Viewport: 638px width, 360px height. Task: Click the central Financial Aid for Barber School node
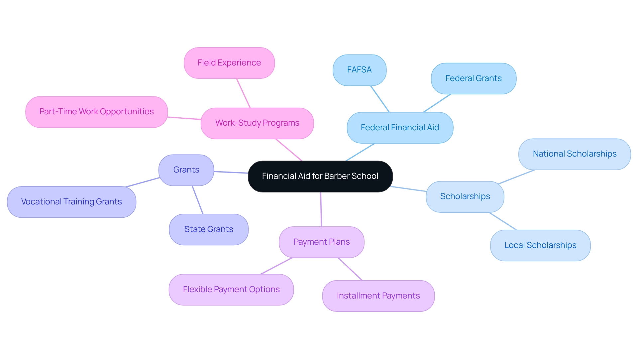[320, 176]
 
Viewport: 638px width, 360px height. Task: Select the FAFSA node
[359, 70]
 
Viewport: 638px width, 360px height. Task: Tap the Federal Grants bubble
[473, 78]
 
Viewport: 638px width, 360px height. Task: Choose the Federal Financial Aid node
[400, 128]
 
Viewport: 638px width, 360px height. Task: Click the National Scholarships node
[574, 154]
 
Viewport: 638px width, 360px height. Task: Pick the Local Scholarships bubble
[540, 245]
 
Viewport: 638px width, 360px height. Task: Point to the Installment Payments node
[378, 296]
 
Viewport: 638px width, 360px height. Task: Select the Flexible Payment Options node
[231, 290]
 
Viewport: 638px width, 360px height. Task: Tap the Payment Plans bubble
[321, 242]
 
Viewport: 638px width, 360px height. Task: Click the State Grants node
[208, 229]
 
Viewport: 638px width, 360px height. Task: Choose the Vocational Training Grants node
[71, 202]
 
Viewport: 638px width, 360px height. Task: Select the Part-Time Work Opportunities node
[96, 112]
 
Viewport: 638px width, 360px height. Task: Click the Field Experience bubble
[229, 63]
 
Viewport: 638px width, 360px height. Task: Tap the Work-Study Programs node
[257, 123]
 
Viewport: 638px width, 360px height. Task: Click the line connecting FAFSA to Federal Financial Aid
[380, 99]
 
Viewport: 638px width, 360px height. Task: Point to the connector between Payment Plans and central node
[321, 209]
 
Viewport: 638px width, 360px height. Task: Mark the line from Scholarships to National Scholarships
[516, 177]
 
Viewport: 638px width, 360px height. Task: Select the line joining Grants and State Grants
[197, 200]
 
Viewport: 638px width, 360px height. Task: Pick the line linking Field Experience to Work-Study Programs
[243, 93]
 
